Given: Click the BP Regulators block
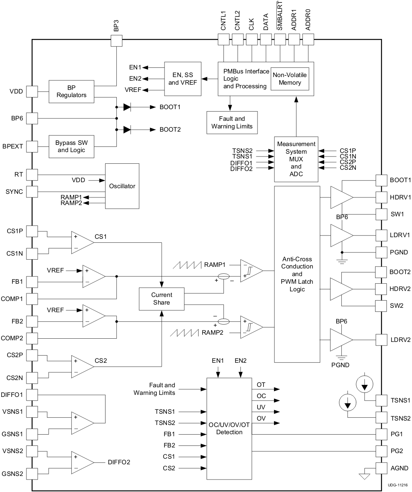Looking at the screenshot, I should pos(71,91).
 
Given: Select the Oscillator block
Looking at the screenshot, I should pos(122,186).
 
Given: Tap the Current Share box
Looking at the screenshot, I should pos(161,299).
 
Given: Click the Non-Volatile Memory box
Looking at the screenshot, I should pos(290,79).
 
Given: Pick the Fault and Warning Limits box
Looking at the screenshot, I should pos(232,122).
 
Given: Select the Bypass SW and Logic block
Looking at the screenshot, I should pos(71,146).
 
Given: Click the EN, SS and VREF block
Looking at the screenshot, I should pos(183,79).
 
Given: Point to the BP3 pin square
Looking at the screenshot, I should pos(116,41).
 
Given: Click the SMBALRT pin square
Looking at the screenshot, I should pos(280,39).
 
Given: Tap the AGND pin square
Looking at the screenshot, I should pos(381,468).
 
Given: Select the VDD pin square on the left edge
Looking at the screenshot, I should pos(32,91).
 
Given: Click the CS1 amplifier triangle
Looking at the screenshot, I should pos(81,242).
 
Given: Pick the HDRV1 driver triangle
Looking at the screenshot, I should pos(341,197).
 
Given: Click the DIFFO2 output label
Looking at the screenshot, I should pos(119,462).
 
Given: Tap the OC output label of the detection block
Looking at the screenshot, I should pos(261,396).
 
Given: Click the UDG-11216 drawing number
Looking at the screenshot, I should pos(397,485).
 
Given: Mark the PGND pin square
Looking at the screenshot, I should pos(381,252).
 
